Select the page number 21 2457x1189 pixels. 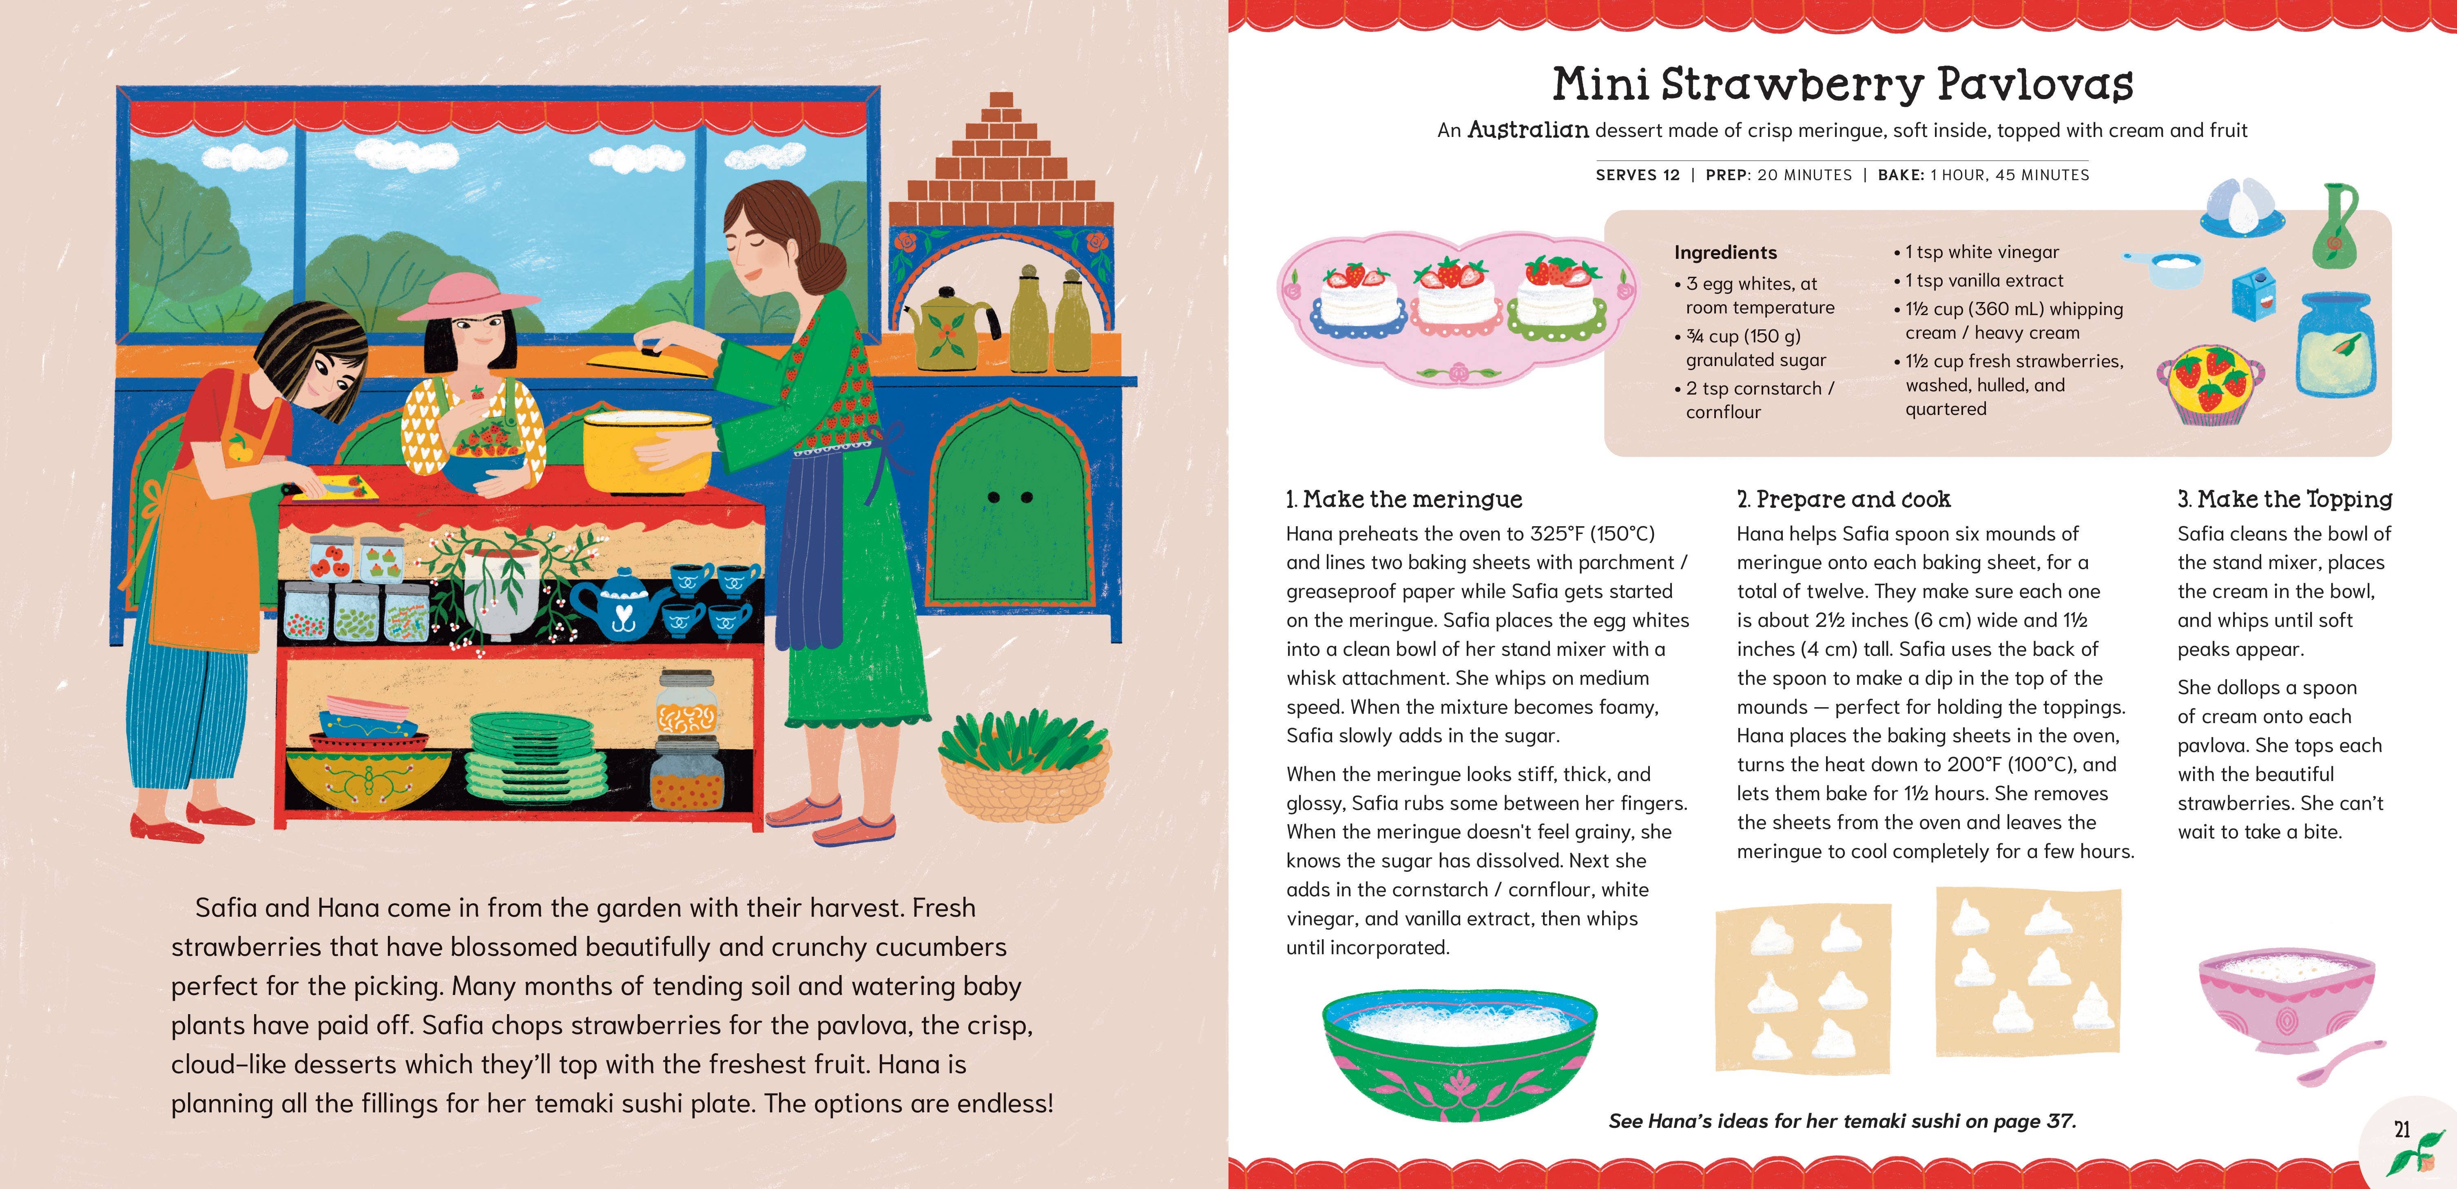[2402, 1130]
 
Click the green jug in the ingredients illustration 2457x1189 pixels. [2334, 229]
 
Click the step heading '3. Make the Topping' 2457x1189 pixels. [2284, 499]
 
